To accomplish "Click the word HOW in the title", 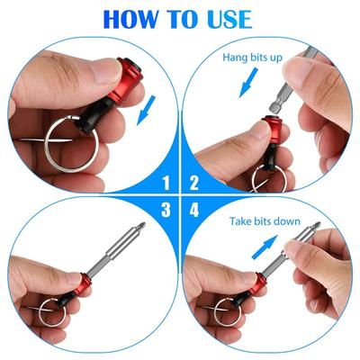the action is click(x=130, y=20).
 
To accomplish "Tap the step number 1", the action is click(x=166, y=183).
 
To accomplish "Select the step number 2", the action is click(x=194, y=183).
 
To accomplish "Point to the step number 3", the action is click(x=166, y=210).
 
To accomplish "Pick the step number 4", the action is click(x=194, y=210).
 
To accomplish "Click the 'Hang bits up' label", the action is click(x=252, y=58).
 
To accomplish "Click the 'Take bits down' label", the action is click(x=265, y=221).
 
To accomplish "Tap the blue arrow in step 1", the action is click(x=147, y=110).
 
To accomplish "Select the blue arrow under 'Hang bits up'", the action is click(x=248, y=83).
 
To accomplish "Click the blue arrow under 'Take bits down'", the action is click(x=265, y=247).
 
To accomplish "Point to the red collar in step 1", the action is click(x=127, y=80).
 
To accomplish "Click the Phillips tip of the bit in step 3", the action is click(x=141, y=226).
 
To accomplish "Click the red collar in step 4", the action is click(x=257, y=284).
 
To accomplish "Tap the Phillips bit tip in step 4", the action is click(x=317, y=226).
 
